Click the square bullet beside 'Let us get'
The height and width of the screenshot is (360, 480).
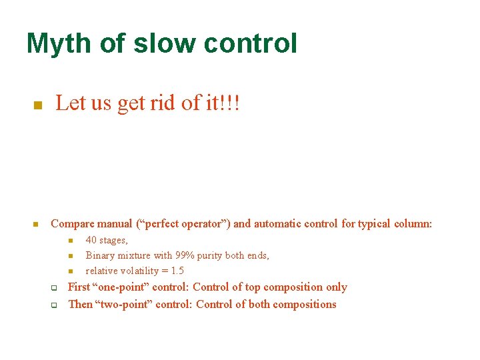tap(38, 105)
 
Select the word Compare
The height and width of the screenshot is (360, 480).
tap(71, 224)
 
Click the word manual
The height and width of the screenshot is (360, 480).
tap(113, 224)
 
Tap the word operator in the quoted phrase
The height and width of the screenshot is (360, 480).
tap(200, 224)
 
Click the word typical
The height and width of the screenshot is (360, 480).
tap(375, 224)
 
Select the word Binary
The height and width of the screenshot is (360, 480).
tap(100, 255)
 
